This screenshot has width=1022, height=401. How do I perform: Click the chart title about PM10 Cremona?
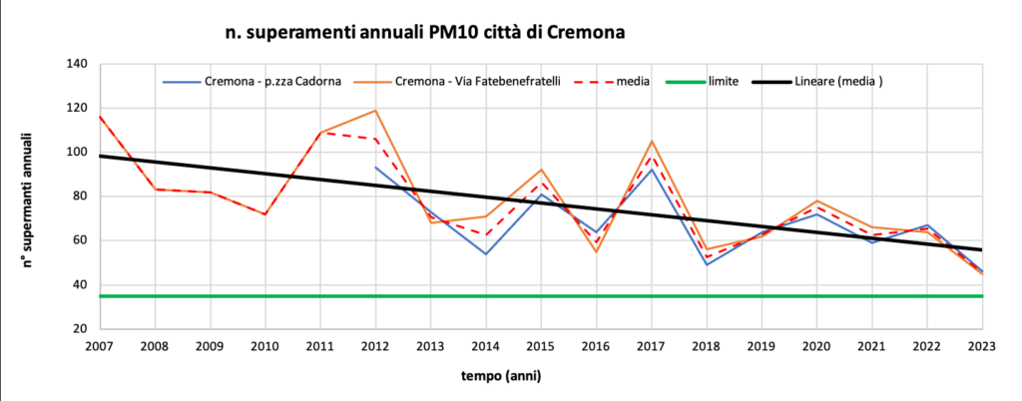(425, 32)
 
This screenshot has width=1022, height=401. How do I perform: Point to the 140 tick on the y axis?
(77, 64)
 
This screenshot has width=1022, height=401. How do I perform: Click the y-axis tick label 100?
(77, 153)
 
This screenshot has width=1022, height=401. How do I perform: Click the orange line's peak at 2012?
(375, 111)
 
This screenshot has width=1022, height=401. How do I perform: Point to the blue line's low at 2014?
(486, 253)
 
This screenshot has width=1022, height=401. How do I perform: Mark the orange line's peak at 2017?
(651, 142)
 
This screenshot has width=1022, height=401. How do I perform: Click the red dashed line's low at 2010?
(265, 214)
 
